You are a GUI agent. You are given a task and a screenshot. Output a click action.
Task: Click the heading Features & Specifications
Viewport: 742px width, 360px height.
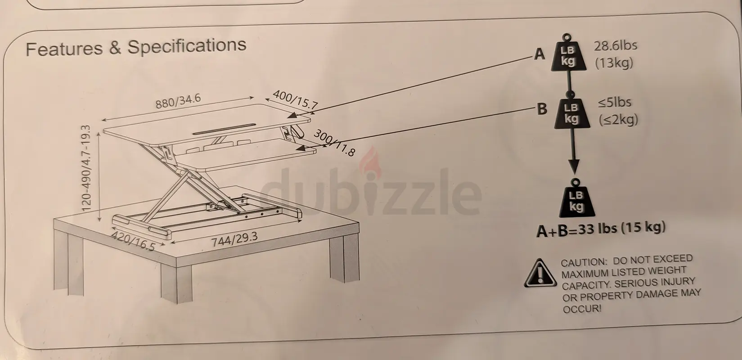click(x=136, y=47)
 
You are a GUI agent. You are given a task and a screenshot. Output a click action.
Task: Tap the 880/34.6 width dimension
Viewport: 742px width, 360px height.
click(x=178, y=101)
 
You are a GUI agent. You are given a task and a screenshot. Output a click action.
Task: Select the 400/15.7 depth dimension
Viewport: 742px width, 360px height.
click(x=295, y=100)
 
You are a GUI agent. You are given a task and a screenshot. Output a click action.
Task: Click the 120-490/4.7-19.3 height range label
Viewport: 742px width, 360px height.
click(x=86, y=168)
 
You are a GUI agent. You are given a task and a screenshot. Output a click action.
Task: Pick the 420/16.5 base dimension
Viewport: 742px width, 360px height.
click(x=133, y=241)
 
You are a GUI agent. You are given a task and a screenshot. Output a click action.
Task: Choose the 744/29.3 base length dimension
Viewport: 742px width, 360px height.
click(x=234, y=239)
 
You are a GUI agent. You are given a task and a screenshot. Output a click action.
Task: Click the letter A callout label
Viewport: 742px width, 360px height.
click(x=540, y=54)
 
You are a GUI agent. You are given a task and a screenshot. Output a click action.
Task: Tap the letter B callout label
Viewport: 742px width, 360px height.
click(x=542, y=109)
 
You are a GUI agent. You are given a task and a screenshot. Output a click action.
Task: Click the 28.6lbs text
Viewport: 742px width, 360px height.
click(x=616, y=46)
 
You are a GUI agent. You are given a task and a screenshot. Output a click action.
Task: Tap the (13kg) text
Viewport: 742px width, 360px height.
click(x=614, y=63)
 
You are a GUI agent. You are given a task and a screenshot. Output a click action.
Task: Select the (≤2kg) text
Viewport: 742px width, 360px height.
click(x=618, y=120)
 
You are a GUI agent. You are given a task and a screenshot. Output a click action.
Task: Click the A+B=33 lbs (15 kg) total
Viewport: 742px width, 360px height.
click(x=601, y=229)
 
